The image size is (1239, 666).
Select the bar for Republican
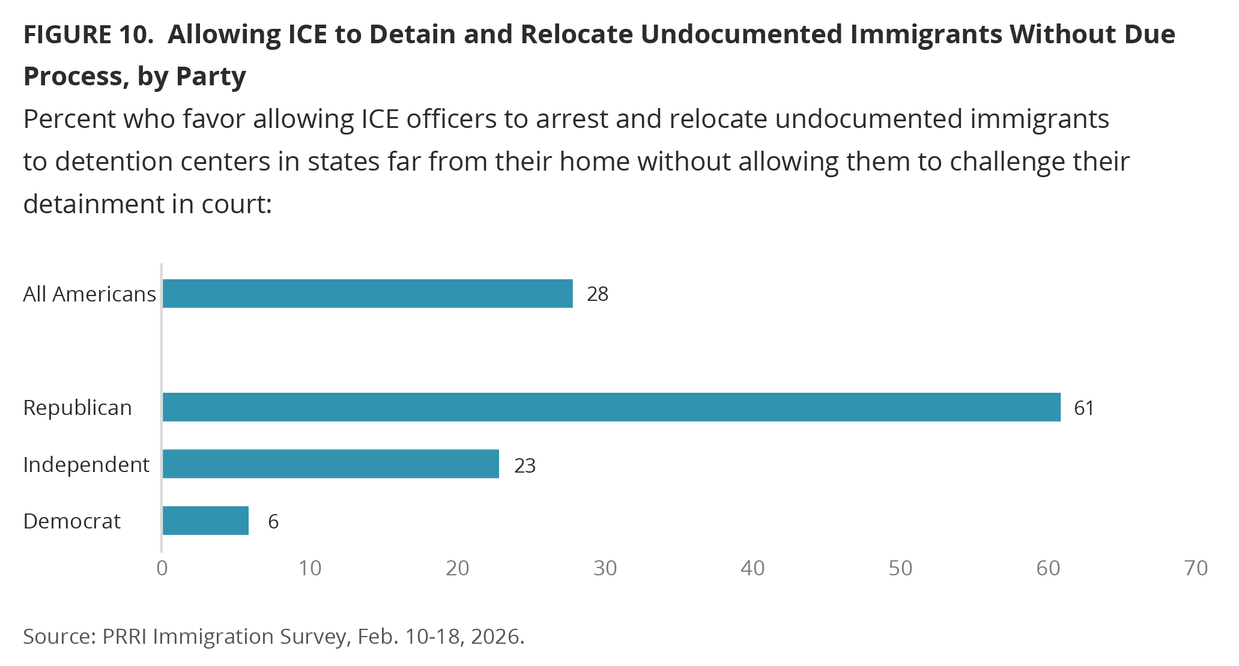click(x=611, y=407)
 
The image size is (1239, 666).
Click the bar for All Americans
click(x=367, y=294)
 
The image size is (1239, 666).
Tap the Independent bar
click(x=330, y=464)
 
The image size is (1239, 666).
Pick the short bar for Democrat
click(x=205, y=521)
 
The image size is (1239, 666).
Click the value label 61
click(x=1084, y=408)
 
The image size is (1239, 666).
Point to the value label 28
click(x=598, y=294)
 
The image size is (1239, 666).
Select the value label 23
click(x=524, y=465)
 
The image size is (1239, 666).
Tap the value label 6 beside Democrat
click(x=273, y=521)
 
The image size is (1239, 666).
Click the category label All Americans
click(x=89, y=294)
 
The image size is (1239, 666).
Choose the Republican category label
click(x=77, y=408)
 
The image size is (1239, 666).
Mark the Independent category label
click(x=86, y=465)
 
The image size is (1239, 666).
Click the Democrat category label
click(x=71, y=521)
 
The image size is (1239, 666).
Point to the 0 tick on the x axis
click(x=162, y=568)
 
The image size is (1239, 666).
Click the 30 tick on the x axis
click(x=605, y=568)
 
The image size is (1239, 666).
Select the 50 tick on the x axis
click(x=900, y=568)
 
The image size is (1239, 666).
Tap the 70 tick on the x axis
click(x=1196, y=568)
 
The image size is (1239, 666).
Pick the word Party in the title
click(x=211, y=77)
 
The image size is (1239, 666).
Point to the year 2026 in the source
click(x=495, y=637)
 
